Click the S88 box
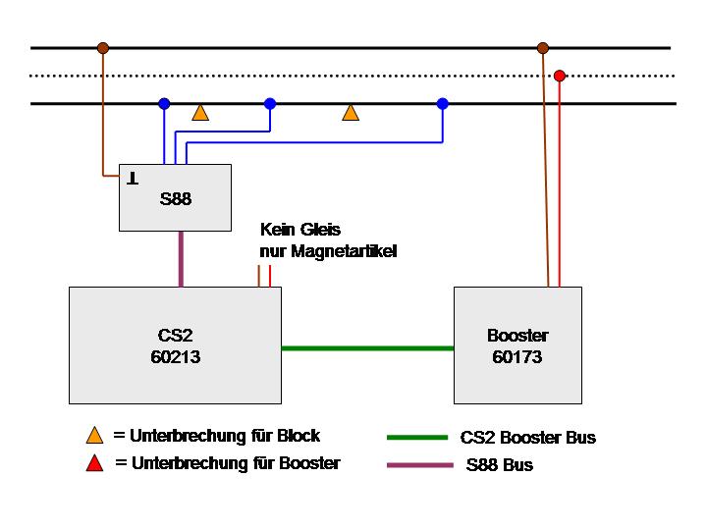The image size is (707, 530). point(175,198)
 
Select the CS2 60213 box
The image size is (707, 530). point(175,344)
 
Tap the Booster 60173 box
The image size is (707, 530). point(517,344)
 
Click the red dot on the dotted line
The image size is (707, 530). point(560,76)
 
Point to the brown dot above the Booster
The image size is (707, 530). point(542,47)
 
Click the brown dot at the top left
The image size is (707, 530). point(102,47)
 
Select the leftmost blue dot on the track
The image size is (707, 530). point(164,103)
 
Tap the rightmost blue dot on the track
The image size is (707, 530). point(442,103)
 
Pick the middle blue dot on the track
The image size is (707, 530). point(270,103)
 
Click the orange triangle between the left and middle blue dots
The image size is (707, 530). point(200,113)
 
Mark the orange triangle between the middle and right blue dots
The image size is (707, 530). point(351,113)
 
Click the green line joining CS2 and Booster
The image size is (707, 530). point(367,347)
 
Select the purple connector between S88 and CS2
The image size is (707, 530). point(181,259)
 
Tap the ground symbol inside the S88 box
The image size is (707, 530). point(132,179)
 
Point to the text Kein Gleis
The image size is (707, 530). point(299,230)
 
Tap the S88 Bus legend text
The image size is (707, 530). point(500,465)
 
